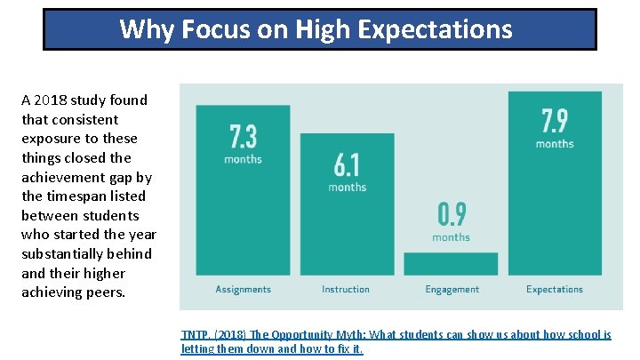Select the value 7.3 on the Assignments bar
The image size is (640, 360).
pyautogui.click(x=243, y=136)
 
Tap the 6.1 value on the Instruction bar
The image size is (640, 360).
pyautogui.click(x=347, y=164)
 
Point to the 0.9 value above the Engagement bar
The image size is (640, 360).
pyautogui.click(x=452, y=214)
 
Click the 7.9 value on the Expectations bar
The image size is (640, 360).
pyautogui.click(x=555, y=120)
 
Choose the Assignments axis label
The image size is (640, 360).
pyautogui.click(x=243, y=289)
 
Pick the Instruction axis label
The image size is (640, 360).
pyautogui.click(x=346, y=289)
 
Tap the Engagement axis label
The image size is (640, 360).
pyautogui.click(x=452, y=289)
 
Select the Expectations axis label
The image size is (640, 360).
pyautogui.click(x=555, y=289)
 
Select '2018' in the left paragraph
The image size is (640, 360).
pyautogui.click(x=53, y=100)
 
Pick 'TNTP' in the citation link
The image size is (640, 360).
pyautogui.click(x=193, y=335)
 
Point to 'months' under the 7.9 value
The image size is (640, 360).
pyautogui.click(x=555, y=143)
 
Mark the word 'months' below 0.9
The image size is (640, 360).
pyautogui.click(x=452, y=237)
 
